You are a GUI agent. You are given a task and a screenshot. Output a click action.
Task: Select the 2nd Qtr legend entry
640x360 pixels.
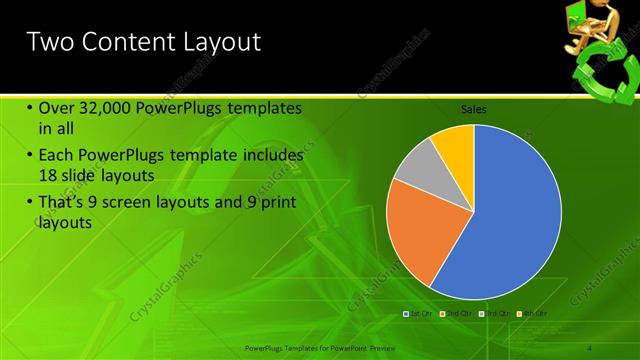click(456, 313)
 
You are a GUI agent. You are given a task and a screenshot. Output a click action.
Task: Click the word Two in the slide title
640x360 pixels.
click(50, 42)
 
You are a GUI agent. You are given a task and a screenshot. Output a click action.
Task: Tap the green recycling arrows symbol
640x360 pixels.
click(604, 75)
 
